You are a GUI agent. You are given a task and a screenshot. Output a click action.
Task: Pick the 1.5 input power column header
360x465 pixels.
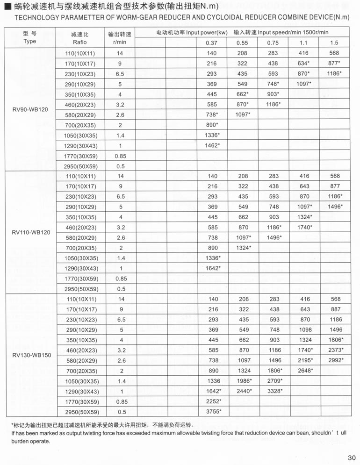pos(334,43)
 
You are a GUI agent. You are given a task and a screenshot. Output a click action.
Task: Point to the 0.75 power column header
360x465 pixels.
pos(273,43)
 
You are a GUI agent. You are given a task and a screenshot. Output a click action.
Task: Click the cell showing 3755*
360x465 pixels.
pos(213,411)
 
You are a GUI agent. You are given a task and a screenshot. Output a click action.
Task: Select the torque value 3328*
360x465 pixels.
pos(274,390)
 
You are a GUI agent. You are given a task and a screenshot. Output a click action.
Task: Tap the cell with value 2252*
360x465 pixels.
pos(213,401)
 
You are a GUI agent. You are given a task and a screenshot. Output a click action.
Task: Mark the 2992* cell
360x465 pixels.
pos(336,360)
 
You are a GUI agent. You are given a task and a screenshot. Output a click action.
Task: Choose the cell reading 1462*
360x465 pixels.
pos(212,145)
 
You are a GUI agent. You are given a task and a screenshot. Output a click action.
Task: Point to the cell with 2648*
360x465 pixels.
pos(304,370)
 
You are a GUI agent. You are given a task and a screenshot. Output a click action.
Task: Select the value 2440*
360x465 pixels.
pos(244,390)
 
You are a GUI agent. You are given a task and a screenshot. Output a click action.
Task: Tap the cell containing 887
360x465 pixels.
pos(334,309)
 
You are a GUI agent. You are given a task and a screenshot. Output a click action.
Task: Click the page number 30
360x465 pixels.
pos(352,458)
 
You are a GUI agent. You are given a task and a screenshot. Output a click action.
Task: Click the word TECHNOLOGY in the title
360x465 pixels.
pos(29,17)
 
